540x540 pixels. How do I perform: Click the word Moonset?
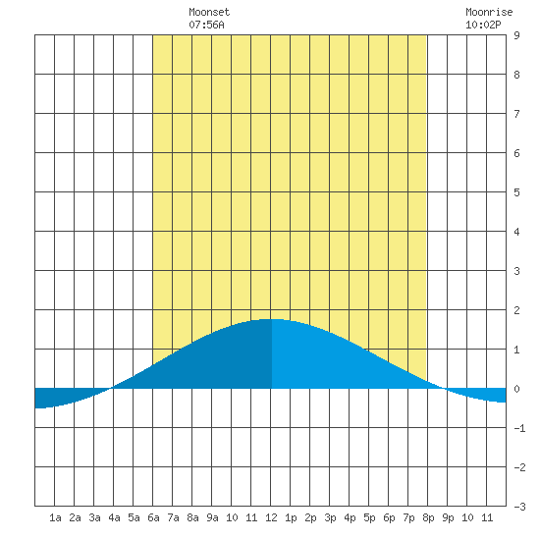[x=209, y=12]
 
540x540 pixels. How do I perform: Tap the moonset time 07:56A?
[x=206, y=25]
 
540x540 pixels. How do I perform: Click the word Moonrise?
[x=489, y=12]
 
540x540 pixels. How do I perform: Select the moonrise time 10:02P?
[x=483, y=25]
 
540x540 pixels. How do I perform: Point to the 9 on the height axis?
[x=516, y=35]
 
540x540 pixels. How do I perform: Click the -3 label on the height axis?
[x=519, y=507]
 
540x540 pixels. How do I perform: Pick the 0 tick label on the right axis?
[x=516, y=389]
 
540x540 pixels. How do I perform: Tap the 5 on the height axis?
[x=516, y=192]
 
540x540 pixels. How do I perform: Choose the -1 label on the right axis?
[x=519, y=428]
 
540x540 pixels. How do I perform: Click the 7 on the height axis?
[x=516, y=114]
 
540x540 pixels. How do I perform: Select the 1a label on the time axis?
[x=55, y=517]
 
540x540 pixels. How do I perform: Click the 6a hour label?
[x=153, y=517]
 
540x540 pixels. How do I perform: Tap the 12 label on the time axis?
[x=271, y=517]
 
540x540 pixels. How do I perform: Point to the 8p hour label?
[x=428, y=517]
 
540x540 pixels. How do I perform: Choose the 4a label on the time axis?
[x=114, y=517]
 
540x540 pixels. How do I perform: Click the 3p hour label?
[x=330, y=517]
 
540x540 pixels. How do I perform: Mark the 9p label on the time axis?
[x=448, y=517]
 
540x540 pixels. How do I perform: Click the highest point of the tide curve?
[x=272, y=319]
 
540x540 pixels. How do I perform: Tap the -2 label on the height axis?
[x=519, y=467]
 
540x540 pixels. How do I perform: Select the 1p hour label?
[x=291, y=517]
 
